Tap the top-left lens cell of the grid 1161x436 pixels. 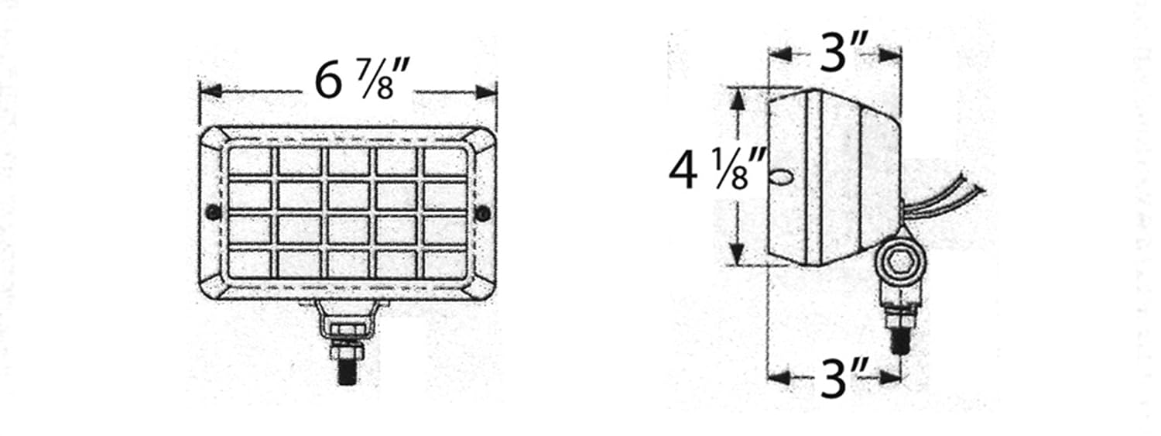pos(251,162)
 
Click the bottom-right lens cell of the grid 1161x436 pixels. pos(445,264)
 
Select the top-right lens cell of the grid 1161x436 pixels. pos(445,162)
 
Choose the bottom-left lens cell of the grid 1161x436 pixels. pos(251,264)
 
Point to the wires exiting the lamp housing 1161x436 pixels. pos(948,197)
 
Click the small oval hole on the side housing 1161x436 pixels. pos(783,179)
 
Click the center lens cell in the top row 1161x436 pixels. pos(348,162)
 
